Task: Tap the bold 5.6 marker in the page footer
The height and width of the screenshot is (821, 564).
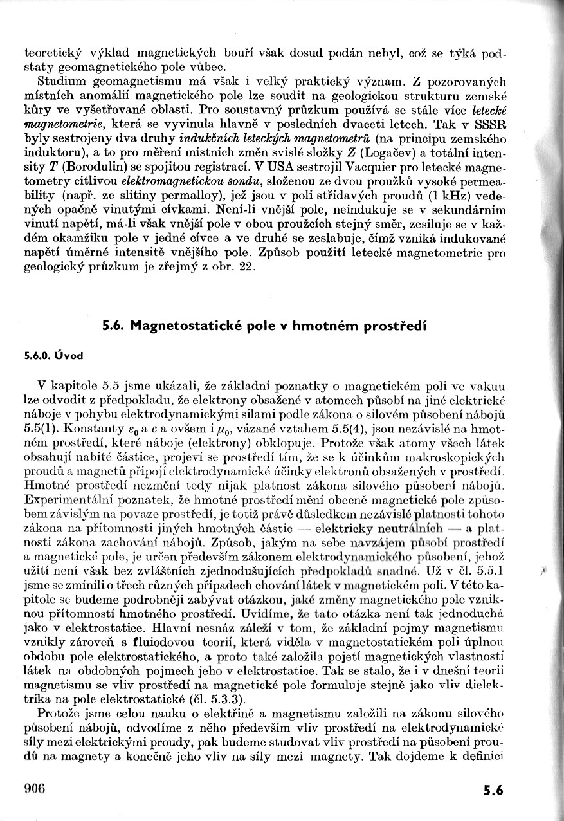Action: [x=496, y=791]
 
